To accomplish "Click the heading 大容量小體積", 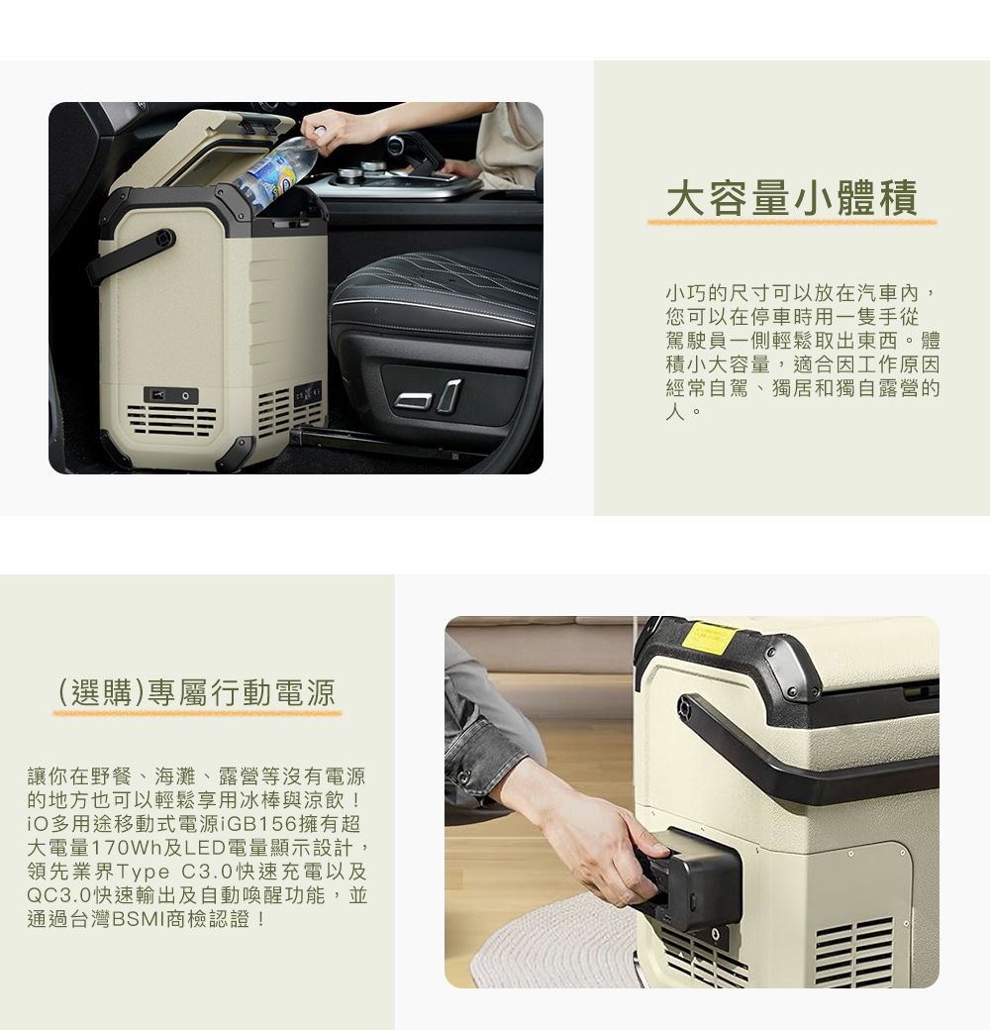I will (791, 198).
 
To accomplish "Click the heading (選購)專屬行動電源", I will (197, 692).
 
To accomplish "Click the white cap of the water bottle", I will (319, 132).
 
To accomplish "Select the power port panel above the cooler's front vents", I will (170, 395).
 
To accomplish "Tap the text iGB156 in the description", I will (258, 825).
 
